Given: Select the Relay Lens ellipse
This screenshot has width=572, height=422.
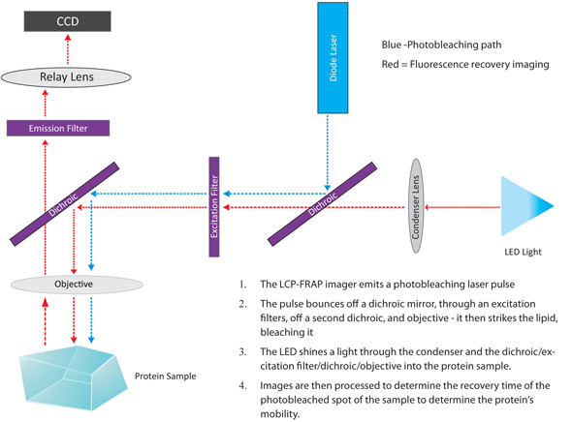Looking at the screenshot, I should pos(68,76).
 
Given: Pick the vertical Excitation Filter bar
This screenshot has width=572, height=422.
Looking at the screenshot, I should pos(214,206).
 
